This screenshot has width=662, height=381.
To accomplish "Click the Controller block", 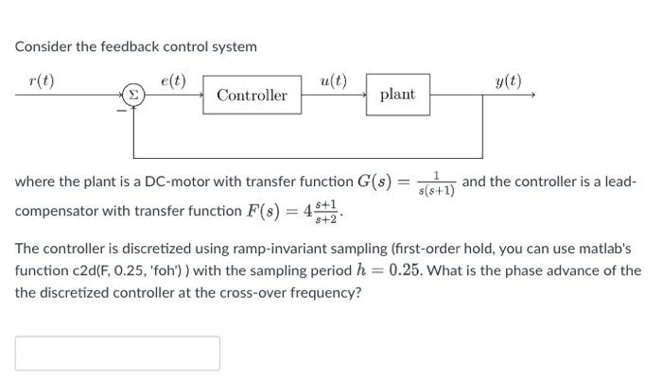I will pyautogui.click(x=252, y=95).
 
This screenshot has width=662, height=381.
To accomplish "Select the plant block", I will pyautogui.click(x=397, y=95).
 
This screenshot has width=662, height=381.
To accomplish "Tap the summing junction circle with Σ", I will pyautogui.click(x=133, y=95).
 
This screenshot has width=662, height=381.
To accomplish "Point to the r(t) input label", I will pyautogui.click(x=41, y=80).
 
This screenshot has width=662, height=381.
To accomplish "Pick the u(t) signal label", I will pyautogui.click(x=333, y=80).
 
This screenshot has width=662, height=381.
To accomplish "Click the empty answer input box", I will pyautogui.click(x=117, y=353).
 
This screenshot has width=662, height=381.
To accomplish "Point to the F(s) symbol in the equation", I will pyautogui.click(x=267, y=210).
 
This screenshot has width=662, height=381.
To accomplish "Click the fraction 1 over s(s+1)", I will pyautogui.click(x=437, y=182).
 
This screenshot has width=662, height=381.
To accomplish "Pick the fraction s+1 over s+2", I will pyautogui.click(x=325, y=210).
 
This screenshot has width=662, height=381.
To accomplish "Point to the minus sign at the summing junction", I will pyautogui.click(x=120, y=109).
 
